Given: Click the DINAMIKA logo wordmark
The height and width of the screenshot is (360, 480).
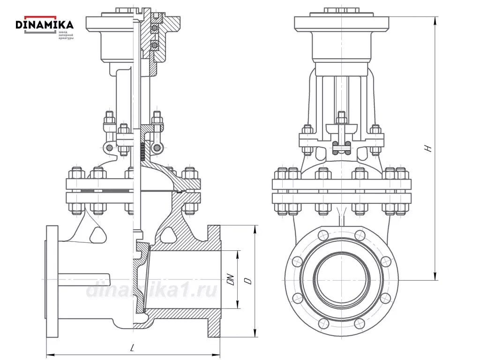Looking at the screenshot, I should (x=45, y=24).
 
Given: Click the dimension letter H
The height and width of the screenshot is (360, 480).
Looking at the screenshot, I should (x=427, y=148).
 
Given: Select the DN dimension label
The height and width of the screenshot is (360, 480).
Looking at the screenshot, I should (x=230, y=279).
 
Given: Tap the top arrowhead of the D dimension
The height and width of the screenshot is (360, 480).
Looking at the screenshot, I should (x=255, y=228).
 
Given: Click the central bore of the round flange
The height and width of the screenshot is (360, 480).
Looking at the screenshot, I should (x=341, y=280).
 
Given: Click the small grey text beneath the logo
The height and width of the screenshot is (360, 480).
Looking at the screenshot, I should (x=66, y=34).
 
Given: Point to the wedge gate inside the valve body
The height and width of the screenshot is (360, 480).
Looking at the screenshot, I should (x=141, y=281).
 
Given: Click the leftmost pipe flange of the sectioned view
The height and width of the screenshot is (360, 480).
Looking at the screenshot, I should (x=52, y=281).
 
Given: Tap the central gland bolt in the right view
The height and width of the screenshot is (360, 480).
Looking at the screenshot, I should (x=341, y=120).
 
